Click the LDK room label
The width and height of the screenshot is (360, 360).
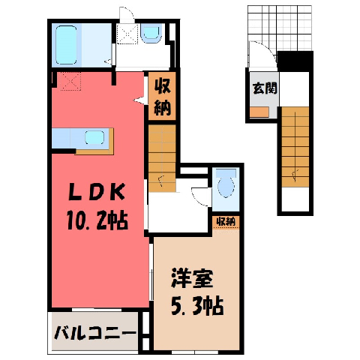pos(97,192)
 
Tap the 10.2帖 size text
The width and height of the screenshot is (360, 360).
pos(97,220)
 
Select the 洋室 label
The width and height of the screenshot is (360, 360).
pos(192,278)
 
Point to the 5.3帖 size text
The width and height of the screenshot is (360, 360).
pos(197,306)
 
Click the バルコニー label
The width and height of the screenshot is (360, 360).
pos(95,333)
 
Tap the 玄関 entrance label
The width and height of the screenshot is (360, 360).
pos(265,88)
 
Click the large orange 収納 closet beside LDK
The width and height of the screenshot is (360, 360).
pos(162,96)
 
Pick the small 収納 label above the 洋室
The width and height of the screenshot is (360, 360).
pos(226,222)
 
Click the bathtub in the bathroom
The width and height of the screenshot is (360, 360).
pos(66,45)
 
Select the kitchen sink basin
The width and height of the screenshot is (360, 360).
pos(94,137)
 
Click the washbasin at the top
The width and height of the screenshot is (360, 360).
pos(151,33)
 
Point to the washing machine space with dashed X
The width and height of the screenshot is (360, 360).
pos(127,34)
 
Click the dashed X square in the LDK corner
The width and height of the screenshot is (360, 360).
pos(70,81)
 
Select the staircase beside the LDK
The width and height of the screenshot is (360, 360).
pos(162,158)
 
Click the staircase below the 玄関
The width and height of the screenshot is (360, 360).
pos(295,147)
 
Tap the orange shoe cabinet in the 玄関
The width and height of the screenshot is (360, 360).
pos(259,112)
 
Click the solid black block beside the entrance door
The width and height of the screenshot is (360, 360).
pos(295,61)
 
